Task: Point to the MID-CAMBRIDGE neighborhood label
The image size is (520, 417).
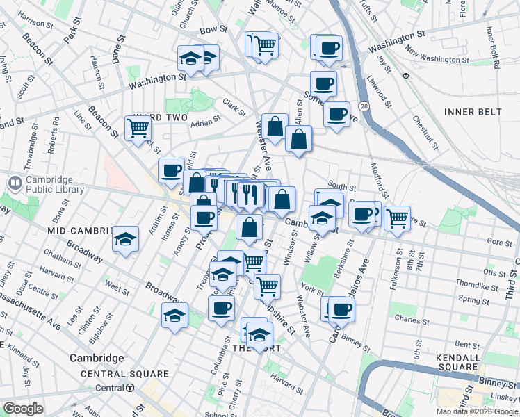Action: (80, 230)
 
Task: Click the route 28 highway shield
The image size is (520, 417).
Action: (364, 106)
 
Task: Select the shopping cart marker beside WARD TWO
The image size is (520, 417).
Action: (138, 128)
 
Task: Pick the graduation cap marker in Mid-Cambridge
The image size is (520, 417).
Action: (126, 240)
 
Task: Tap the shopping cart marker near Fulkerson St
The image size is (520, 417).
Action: (397, 218)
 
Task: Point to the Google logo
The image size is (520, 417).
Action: (23, 409)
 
